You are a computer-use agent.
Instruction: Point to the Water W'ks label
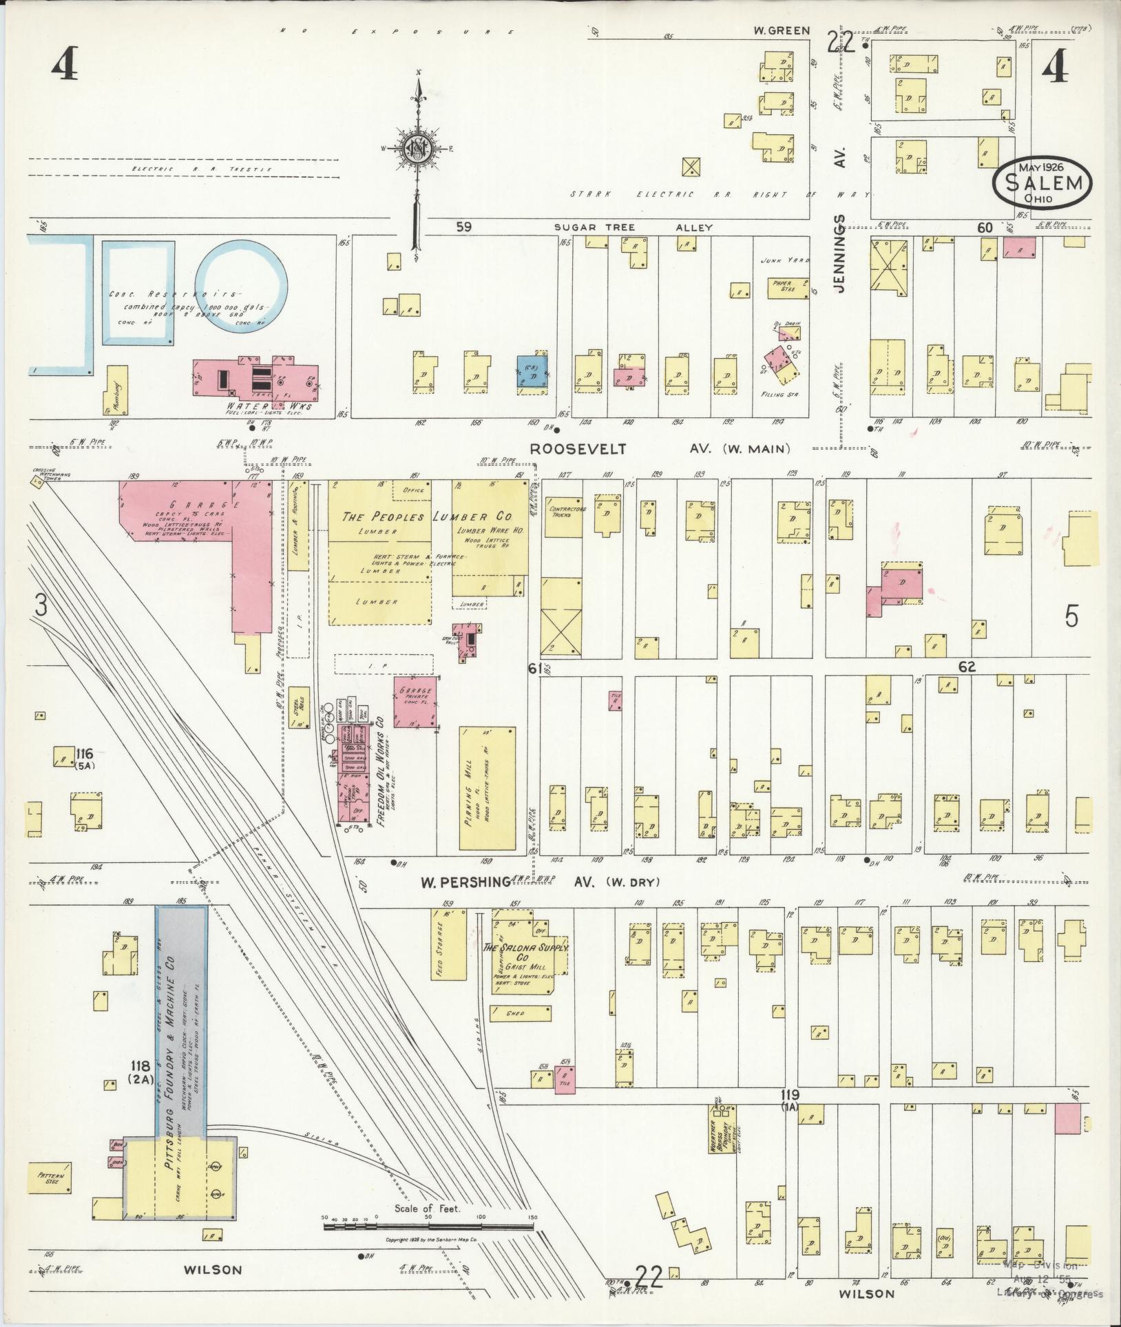pyautogui.click(x=269, y=406)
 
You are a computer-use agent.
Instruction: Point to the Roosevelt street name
pyautogui.click(x=578, y=449)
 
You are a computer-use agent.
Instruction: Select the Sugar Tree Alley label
pyautogui.click(x=633, y=227)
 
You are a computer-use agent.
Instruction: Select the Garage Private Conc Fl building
pyautogui.click(x=416, y=701)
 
